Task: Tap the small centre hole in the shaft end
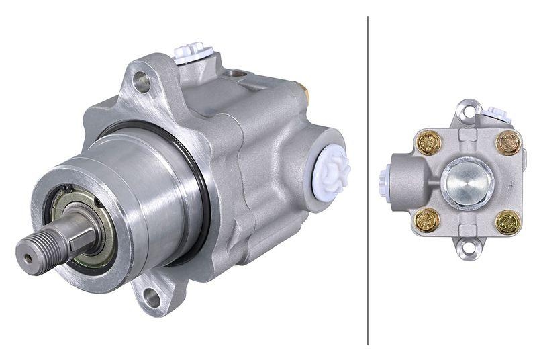coord(27,257)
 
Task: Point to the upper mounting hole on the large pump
coord(141,82)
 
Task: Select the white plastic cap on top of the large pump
coord(193,52)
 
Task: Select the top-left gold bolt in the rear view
coord(428,142)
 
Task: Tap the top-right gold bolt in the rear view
coord(508,142)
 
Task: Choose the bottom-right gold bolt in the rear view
coord(508,222)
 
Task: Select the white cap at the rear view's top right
coord(498,114)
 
